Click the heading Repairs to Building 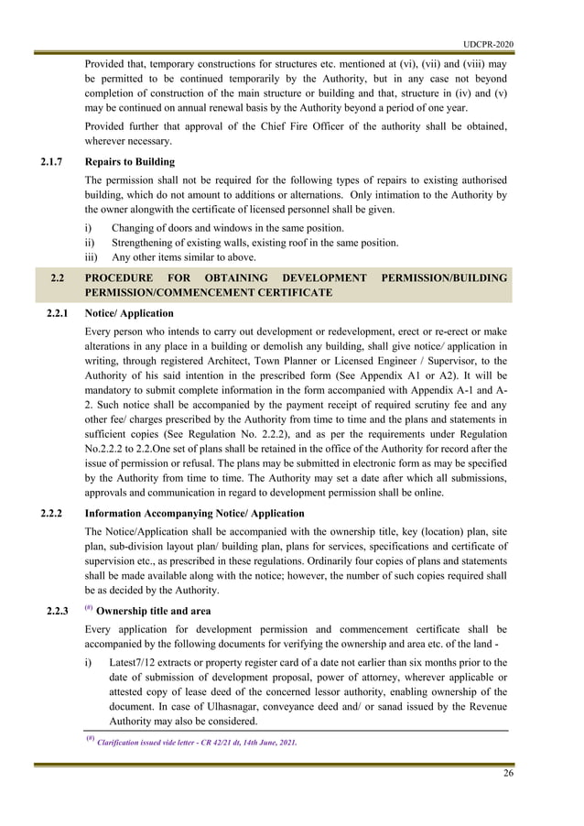pyautogui.click(x=129, y=162)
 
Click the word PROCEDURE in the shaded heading pyautogui.click(x=124, y=277)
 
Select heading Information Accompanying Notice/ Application pyautogui.click(x=200, y=513)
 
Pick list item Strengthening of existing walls pyautogui.click(x=254, y=243)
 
